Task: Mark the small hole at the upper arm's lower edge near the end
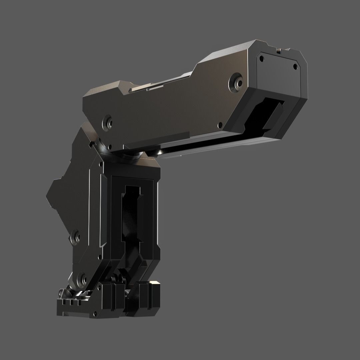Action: click(x=219, y=125)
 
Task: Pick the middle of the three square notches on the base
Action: click(x=71, y=303)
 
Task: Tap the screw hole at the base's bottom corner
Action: click(x=96, y=313)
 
